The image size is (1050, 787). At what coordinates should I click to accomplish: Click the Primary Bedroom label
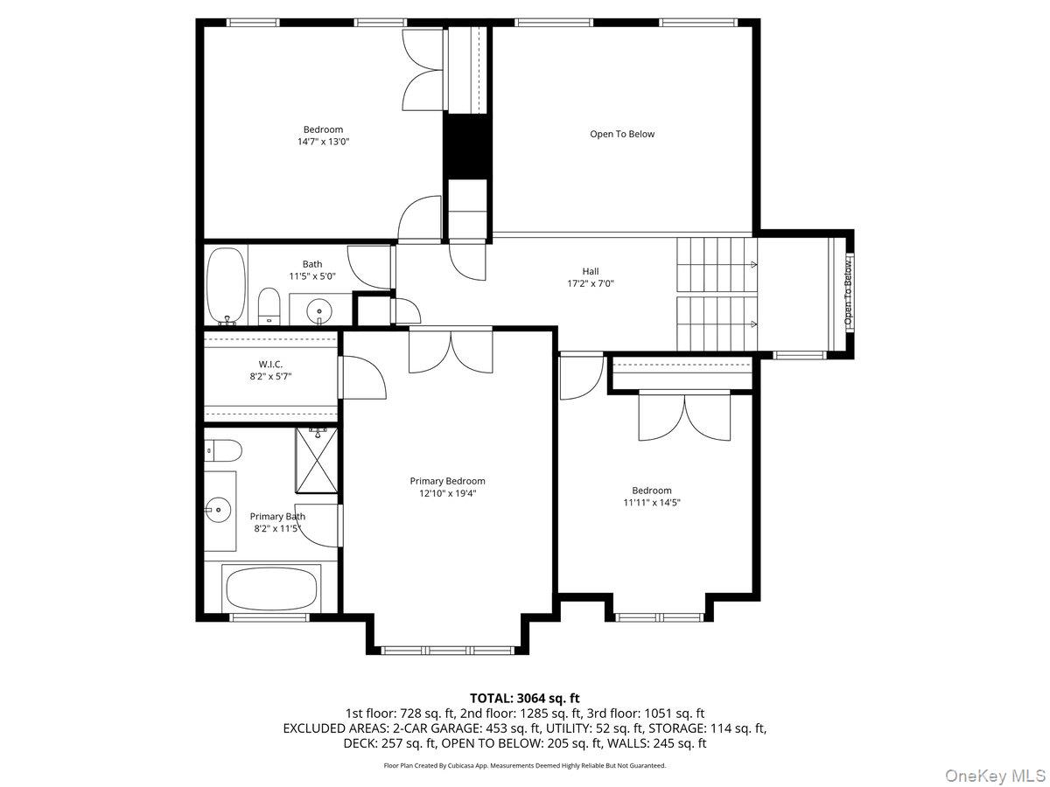(447, 481)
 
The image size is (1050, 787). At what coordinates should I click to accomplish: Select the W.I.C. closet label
(270, 364)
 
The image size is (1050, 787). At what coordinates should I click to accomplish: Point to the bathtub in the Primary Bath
(271, 589)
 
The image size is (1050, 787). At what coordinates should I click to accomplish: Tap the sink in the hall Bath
(320, 310)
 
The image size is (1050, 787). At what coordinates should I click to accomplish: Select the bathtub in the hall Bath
(226, 285)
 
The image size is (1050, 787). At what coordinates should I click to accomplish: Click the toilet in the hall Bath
(269, 307)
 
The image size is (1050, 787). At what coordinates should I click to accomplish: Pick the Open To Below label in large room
(621, 134)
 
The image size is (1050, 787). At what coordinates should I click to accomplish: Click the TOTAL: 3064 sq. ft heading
(525, 698)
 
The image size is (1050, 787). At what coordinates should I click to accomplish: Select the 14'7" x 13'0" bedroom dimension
(323, 141)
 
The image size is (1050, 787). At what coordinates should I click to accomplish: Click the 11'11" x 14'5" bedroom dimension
(652, 503)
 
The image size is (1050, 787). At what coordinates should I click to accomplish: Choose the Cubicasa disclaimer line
(525, 765)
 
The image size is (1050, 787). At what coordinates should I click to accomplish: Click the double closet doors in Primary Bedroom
(451, 351)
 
